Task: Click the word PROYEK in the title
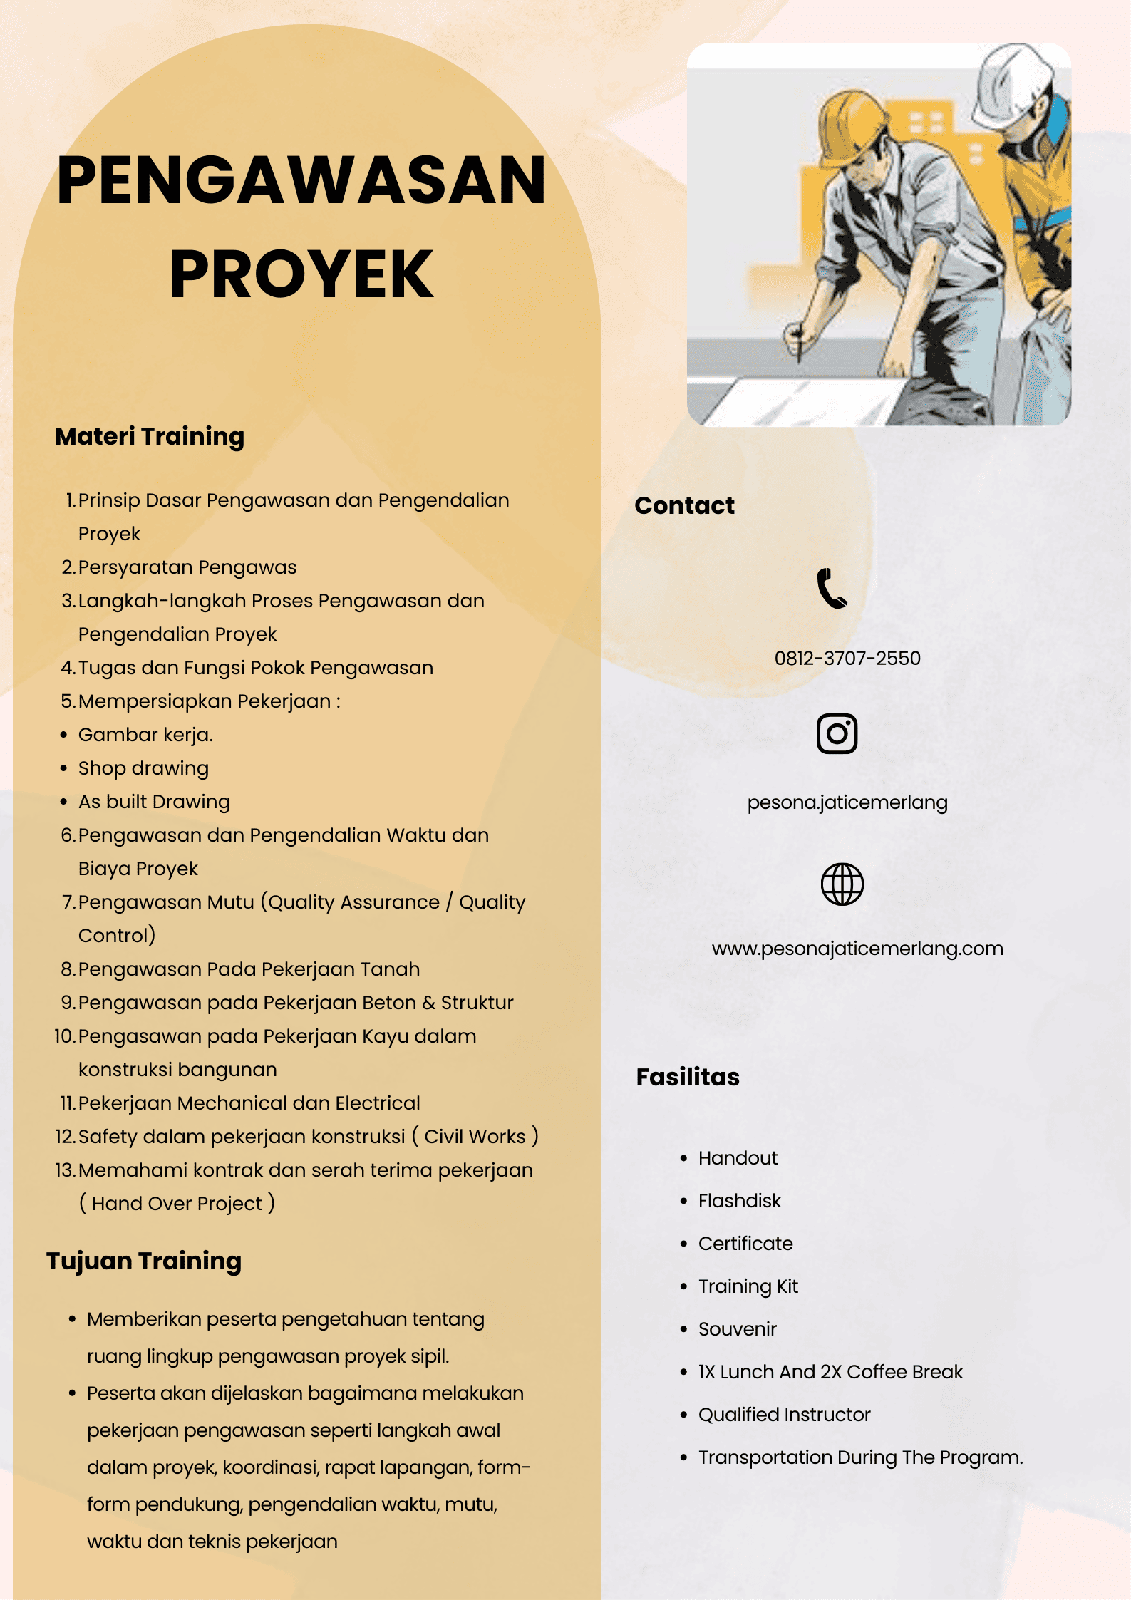pos(301,274)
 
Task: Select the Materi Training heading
pos(150,436)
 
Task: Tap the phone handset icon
pos(831,588)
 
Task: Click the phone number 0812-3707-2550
pos(847,658)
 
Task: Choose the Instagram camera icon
pos(837,733)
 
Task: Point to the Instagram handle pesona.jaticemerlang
pos(847,802)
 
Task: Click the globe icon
pos(842,884)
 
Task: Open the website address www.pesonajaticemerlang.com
pos(857,949)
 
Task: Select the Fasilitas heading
pos(688,1077)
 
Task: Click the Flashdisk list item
pos(739,1201)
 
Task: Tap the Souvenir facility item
pos(737,1329)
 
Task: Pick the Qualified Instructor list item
pos(784,1415)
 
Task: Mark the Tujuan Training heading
pos(144,1261)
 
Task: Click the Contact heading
pos(684,505)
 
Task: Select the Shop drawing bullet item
pos(143,768)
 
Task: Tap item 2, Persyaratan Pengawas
pos(187,567)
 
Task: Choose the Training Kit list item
pos(748,1286)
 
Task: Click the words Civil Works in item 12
pos(475,1137)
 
